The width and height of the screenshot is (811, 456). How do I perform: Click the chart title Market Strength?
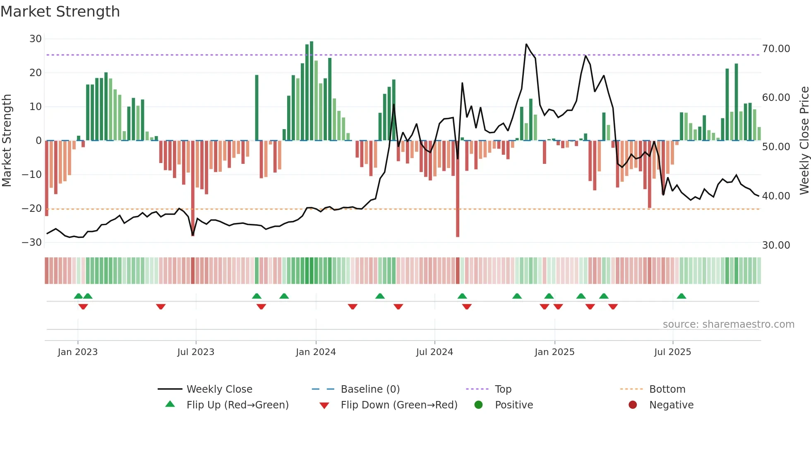60,12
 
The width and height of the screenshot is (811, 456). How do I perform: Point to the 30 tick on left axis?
36,39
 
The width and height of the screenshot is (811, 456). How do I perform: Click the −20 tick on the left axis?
32,209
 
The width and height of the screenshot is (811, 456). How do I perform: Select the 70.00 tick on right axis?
776,49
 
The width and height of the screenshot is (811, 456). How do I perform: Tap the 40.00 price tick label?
776,196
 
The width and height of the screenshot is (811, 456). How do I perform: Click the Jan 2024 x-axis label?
316,352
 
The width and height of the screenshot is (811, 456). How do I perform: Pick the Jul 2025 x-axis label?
672,352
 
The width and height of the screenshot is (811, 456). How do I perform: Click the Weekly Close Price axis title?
804,141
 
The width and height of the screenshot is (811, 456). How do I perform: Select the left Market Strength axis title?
7,141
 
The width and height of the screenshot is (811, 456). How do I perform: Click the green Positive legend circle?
479,405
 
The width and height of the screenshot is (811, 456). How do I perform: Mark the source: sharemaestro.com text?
728,324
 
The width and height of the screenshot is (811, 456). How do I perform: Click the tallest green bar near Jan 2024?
312,91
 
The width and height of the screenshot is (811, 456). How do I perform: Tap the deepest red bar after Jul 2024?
458,189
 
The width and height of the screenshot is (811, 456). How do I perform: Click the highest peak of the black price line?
526,44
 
